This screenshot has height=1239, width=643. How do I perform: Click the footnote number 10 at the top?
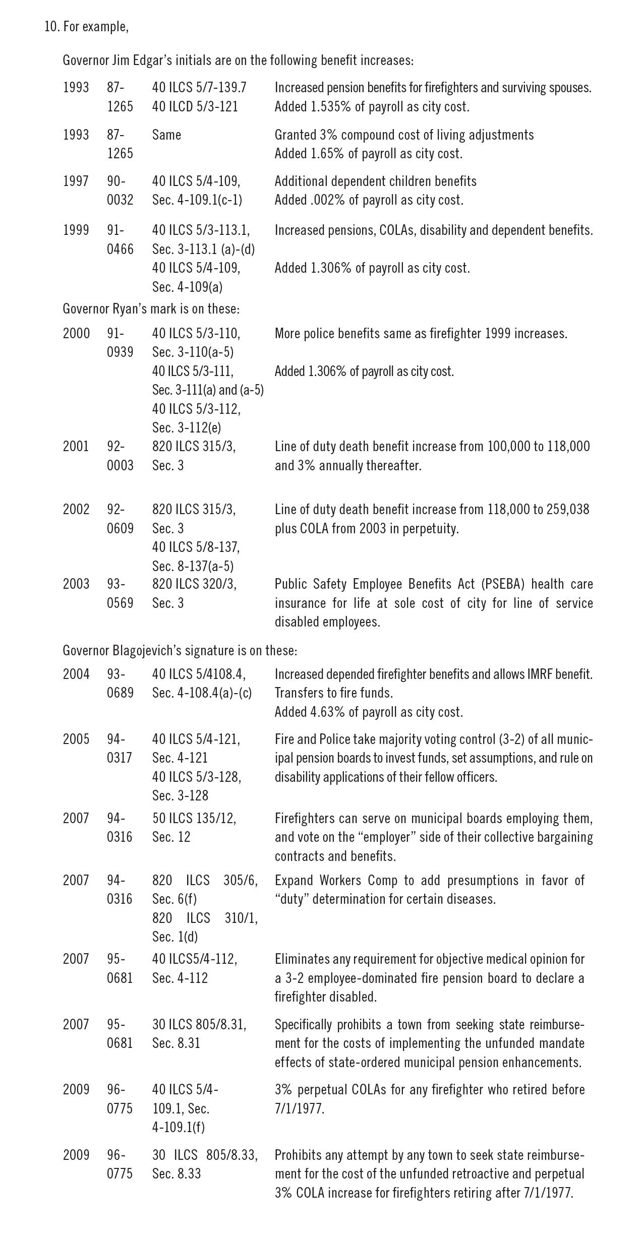[x=51, y=27]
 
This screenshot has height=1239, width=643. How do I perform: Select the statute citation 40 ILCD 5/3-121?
[x=195, y=107]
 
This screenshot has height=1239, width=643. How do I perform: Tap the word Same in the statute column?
[x=166, y=135]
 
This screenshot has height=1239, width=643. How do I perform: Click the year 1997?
[x=76, y=181]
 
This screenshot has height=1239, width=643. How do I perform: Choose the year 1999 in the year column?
[x=76, y=230]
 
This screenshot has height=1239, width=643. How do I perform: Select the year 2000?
[x=76, y=334]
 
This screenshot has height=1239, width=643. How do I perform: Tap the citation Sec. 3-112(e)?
[x=187, y=428]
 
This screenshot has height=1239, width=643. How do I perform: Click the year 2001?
[x=76, y=447]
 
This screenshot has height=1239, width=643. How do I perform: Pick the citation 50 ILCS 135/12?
[x=194, y=818]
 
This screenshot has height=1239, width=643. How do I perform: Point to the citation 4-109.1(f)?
[x=179, y=1128]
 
